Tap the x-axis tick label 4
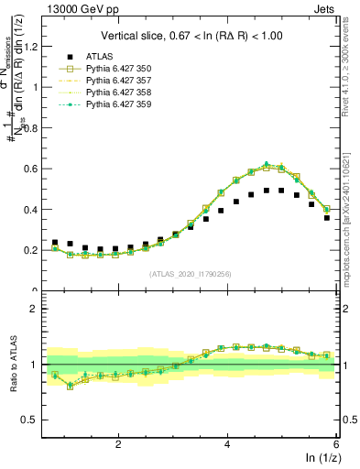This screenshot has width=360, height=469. [x=227, y=444]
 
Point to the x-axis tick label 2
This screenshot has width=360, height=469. [x=118, y=444]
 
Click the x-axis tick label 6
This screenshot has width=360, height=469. [x=336, y=444]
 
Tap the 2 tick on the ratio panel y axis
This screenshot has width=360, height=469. [x=38, y=309]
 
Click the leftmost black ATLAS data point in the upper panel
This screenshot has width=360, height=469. [x=55, y=243]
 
